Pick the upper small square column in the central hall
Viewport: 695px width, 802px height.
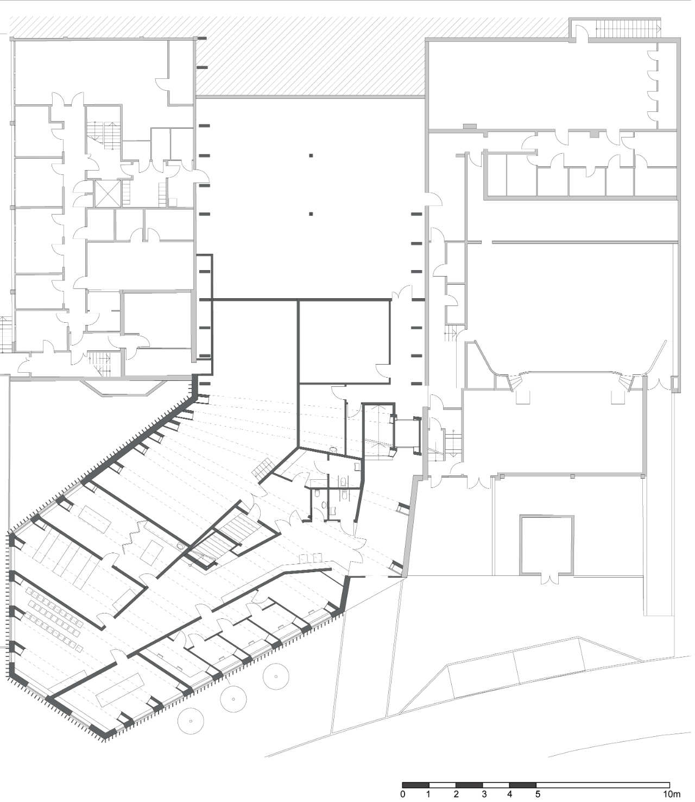coord(311,156)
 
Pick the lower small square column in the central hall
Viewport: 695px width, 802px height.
coord(311,214)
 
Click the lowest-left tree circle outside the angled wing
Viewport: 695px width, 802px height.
coord(191,720)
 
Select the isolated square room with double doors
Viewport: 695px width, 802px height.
coord(546,545)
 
